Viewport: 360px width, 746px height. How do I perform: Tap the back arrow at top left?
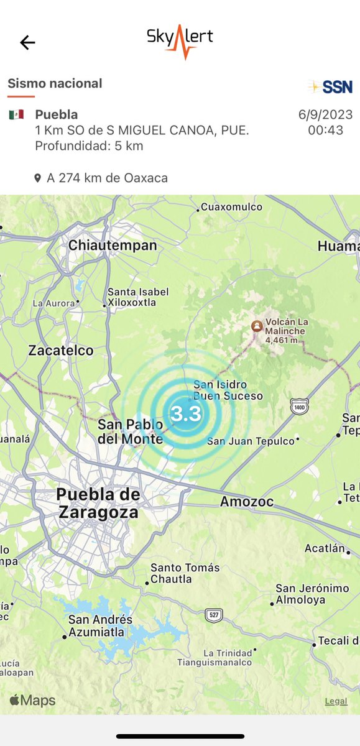coord(27,42)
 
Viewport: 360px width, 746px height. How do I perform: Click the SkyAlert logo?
coord(180,40)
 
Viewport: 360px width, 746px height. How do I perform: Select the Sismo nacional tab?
coord(55,83)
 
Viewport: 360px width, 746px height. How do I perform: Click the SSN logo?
coord(330,86)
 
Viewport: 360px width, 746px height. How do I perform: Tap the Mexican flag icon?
coord(16,114)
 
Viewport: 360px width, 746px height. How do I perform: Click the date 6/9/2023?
coord(325,115)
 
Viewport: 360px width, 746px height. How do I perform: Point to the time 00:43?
coord(325,131)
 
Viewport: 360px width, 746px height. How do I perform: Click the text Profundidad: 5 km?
coord(89,146)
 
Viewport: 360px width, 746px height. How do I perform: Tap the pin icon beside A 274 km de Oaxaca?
coord(38,178)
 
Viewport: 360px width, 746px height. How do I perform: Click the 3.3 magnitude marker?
coord(185,413)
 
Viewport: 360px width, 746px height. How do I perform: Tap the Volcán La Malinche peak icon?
coord(256,326)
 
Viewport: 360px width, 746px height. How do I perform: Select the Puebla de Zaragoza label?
coord(98,503)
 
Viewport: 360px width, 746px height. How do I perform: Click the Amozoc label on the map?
coord(247,502)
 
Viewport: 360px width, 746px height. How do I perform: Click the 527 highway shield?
coord(214,615)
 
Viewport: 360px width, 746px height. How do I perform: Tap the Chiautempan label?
coord(112,246)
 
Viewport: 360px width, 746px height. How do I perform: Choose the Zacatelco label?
coord(61,351)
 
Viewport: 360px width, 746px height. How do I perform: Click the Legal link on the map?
coord(336,701)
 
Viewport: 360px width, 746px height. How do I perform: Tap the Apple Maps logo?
coord(32,701)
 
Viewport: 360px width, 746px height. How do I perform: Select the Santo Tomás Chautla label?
coord(185,573)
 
